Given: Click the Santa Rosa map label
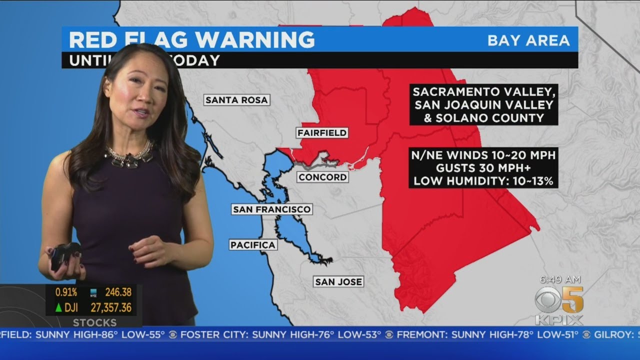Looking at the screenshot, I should (237, 100).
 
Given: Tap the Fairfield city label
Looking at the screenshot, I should (321, 133).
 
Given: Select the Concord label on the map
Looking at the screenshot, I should (322, 177).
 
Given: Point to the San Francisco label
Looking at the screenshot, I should (272, 209).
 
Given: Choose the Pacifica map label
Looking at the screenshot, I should (253, 245).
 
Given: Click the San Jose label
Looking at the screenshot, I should (338, 282).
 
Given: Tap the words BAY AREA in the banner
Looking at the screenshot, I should (528, 40).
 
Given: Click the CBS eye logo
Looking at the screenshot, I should (547, 300).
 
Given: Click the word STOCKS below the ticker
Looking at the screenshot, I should (94, 322).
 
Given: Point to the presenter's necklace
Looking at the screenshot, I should (128, 156).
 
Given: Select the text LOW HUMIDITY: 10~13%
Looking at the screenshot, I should (483, 181).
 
